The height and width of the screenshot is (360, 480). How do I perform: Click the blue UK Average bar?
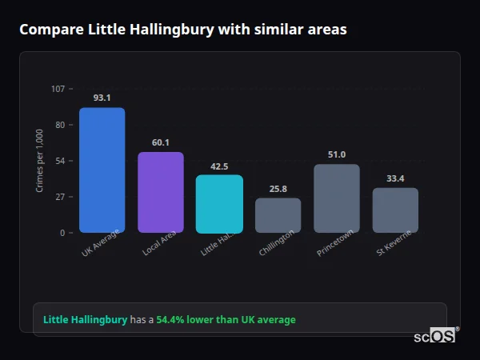point(102,170)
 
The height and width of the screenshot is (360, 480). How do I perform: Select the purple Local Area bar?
point(161,192)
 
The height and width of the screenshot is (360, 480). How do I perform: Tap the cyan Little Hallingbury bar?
point(219,204)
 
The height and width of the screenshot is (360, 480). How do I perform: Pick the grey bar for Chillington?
point(278,215)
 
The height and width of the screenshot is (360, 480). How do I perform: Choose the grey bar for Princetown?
point(337,198)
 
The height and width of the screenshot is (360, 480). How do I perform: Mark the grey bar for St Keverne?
point(395,210)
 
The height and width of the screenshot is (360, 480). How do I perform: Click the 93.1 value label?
point(102,98)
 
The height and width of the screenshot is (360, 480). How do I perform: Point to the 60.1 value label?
point(161,142)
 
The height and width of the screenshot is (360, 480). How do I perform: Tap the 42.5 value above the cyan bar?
point(219,166)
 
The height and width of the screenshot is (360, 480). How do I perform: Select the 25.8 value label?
point(278,189)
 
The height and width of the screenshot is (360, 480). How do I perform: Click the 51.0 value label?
point(337,154)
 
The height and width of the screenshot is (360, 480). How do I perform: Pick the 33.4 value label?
point(395,178)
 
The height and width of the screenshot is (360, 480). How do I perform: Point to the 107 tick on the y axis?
point(58,89)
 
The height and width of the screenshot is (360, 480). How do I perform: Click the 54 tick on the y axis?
point(60,161)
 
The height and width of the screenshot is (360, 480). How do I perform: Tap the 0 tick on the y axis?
point(62,233)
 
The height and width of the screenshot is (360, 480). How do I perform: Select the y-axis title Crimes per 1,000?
point(40,161)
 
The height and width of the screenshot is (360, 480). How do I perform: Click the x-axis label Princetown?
point(335,242)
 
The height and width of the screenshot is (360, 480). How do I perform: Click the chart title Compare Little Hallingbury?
point(183,30)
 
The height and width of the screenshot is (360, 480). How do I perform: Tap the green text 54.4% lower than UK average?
point(226,320)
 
